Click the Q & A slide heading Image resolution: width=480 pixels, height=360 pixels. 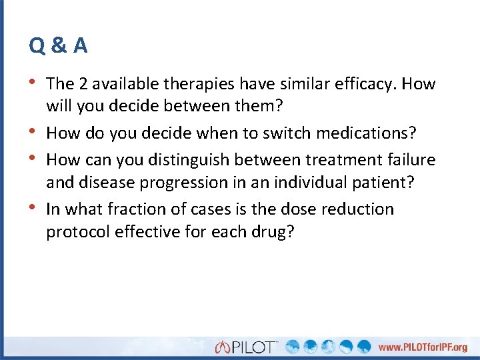click(x=58, y=45)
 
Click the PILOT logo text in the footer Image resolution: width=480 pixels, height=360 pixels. click(x=253, y=347)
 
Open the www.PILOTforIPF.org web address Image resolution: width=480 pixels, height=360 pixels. click(x=423, y=347)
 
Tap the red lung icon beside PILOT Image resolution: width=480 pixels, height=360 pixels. click(x=222, y=347)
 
